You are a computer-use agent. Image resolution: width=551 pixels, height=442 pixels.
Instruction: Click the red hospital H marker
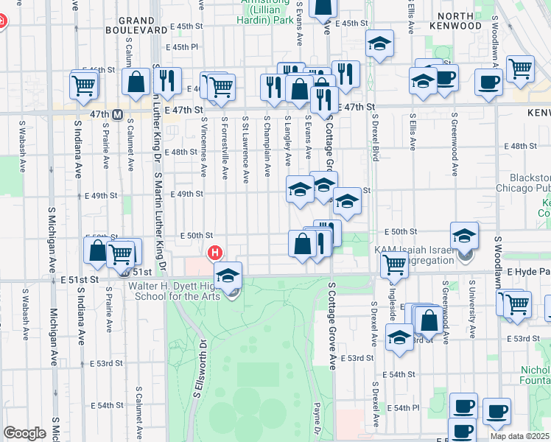pyautogui.click(x=215, y=253)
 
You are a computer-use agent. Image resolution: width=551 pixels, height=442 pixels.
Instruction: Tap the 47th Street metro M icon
pyautogui.click(x=117, y=114)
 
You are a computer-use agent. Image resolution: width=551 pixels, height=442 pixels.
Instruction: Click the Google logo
pyautogui.click(x=24, y=433)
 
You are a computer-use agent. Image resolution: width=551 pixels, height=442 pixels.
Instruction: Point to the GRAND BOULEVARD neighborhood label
pyautogui.click(x=143, y=25)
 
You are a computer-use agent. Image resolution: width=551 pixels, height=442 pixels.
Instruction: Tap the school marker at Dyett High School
pyautogui.click(x=228, y=276)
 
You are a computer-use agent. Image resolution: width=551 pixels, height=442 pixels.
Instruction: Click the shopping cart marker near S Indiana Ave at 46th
pyautogui.click(x=83, y=85)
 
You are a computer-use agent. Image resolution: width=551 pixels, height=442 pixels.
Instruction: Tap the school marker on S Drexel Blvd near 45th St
pyautogui.click(x=379, y=43)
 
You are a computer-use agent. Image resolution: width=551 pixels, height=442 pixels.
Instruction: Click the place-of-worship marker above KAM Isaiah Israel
pyautogui.click(x=465, y=236)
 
